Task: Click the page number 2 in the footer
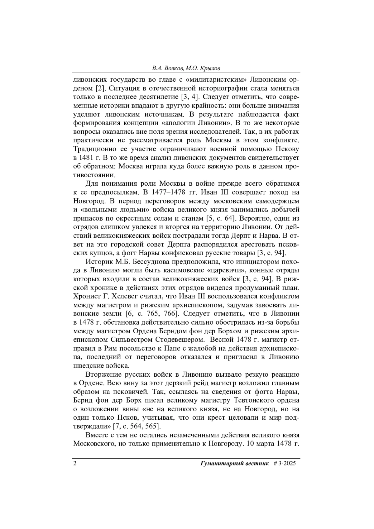75,463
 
